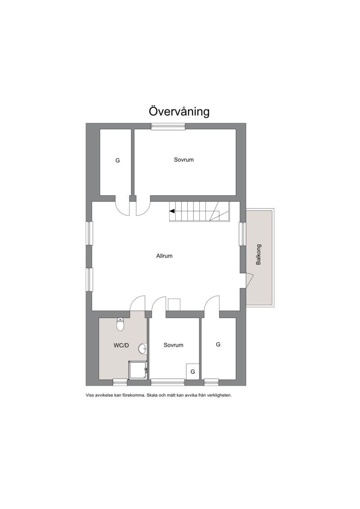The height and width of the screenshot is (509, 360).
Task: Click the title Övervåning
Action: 179,111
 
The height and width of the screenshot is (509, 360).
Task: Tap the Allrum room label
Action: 164,256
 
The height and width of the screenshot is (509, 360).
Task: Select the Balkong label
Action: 258,255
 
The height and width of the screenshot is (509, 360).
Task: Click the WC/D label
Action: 121,345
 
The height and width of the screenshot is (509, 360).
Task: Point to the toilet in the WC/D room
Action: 120,324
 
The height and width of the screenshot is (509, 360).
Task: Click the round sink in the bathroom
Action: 143,349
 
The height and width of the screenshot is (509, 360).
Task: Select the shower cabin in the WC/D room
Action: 138,370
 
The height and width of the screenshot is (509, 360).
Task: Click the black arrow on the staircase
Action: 172,211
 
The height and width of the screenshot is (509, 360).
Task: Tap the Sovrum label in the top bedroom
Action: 184,160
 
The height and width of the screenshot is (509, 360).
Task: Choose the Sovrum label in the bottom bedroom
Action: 173,345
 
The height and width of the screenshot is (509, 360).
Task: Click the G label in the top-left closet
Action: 117,160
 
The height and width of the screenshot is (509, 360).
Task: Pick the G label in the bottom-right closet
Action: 218,344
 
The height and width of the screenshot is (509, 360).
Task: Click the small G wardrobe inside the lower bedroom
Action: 193,371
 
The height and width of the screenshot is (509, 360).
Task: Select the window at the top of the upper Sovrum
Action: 168,126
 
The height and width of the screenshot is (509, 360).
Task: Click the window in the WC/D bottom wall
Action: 120,383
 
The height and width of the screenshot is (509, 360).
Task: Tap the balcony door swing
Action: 250,280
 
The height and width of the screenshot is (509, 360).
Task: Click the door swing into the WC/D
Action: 137,303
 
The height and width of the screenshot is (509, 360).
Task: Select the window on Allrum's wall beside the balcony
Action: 243,234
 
